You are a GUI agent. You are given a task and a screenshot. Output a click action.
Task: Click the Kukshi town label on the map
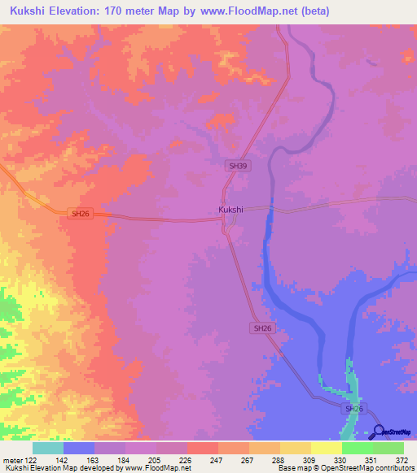pos(230,210)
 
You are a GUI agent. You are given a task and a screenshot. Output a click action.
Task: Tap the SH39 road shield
pos(237,165)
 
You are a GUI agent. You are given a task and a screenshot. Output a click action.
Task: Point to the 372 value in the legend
pos(402,459)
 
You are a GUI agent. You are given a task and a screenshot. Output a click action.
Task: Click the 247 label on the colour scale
pos(217,459)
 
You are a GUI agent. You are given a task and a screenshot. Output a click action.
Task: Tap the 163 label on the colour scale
pos(93,459)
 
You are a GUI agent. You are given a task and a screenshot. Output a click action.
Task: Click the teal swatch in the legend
pos(48,448)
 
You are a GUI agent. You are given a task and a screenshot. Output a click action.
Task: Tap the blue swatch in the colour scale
pos(79,448)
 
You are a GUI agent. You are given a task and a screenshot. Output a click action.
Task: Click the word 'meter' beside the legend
pos(12,459)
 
